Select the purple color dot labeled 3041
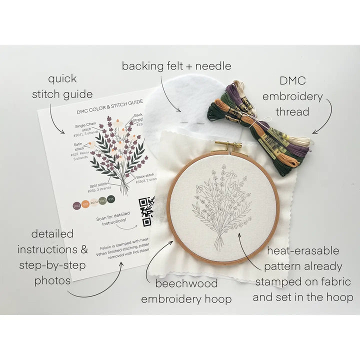(x=77, y=205)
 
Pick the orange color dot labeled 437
(x=85, y=204)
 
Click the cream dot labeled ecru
(x=94, y=202)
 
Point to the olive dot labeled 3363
(x=102, y=201)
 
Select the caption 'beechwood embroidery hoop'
(x=186, y=291)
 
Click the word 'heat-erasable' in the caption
(x=303, y=250)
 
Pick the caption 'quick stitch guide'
(x=62, y=86)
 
